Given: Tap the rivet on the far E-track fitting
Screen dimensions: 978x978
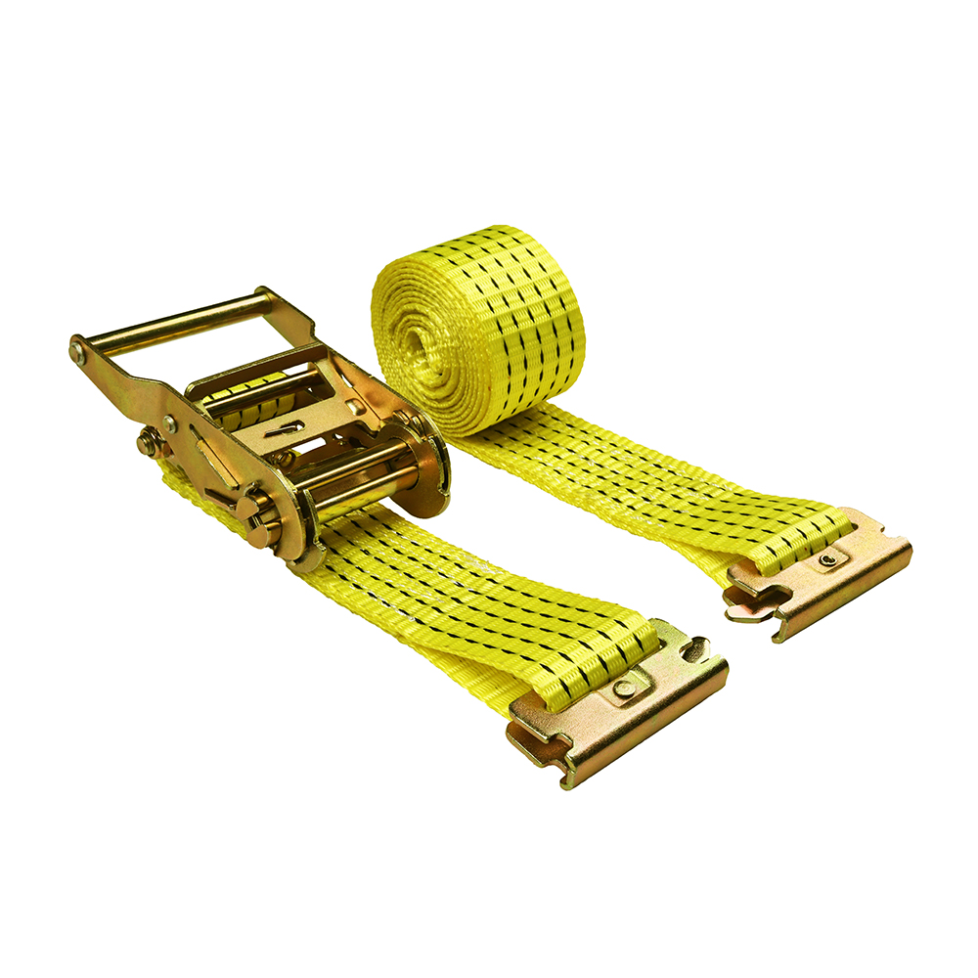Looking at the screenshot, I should (x=828, y=558).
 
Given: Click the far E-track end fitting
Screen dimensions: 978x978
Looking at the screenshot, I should (x=822, y=577).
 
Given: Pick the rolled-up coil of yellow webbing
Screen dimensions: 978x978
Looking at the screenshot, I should (x=479, y=323).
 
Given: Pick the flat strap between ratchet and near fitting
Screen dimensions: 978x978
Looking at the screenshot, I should (x=440, y=587).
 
